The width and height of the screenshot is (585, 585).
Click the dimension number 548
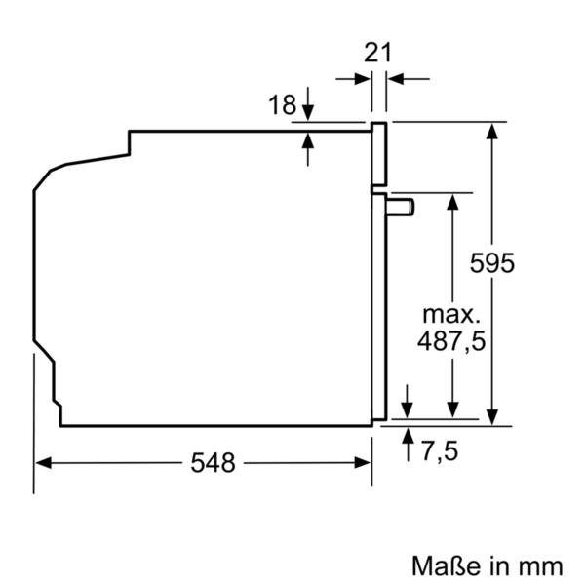(x=213, y=463)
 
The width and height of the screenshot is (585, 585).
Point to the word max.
(x=450, y=314)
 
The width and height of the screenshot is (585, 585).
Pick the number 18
(x=282, y=105)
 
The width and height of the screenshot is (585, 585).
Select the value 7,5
(x=440, y=451)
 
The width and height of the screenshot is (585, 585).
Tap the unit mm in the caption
(x=541, y=565)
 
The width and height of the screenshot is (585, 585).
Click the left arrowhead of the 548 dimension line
(x=42, y=463)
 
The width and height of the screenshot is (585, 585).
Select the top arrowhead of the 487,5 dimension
(x=452, y=201)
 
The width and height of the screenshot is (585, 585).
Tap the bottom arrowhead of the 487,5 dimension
(x=452, y=409)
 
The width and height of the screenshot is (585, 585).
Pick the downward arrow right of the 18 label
(x=308, y=108)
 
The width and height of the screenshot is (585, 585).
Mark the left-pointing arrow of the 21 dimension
(x=396, y=79)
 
